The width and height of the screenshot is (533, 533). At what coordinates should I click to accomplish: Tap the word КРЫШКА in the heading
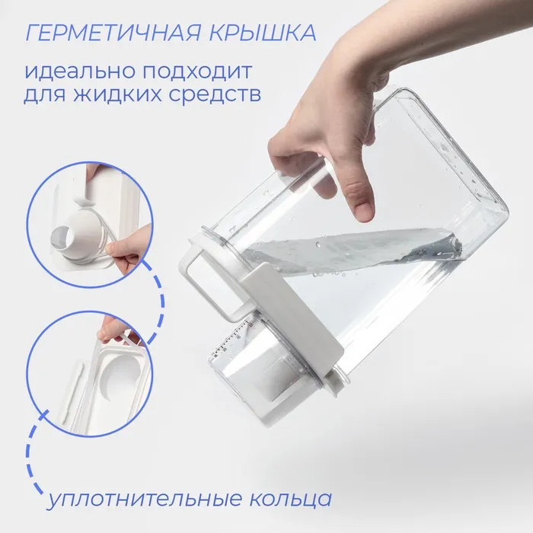click(263, 33)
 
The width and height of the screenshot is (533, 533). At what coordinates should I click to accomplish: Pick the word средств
click(215, 94)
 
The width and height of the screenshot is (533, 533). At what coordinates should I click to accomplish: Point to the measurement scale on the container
click(233, 339)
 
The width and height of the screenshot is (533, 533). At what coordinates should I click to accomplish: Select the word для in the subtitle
click(44, 95)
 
